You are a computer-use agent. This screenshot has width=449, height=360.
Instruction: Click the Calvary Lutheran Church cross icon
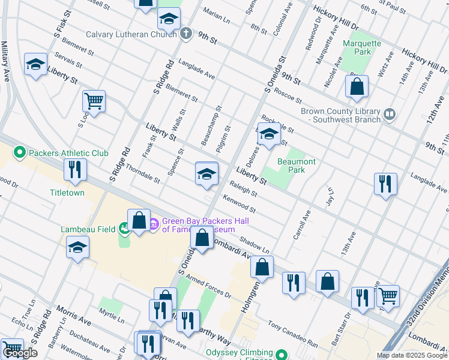click(x=186, y=33)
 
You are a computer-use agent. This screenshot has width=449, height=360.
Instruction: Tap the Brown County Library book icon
click(x=390, y=114)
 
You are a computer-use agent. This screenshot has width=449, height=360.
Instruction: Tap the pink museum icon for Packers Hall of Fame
click(x=154, y=224)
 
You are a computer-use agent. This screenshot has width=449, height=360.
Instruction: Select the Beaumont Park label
click(x=296, y=166)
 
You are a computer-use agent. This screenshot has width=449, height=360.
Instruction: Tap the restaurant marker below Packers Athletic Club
click(x=76, y=170)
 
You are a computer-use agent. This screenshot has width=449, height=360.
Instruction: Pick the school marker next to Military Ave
click(x=36, y=65)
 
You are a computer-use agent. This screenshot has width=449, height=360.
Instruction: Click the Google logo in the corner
click(x=21, y=353)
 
